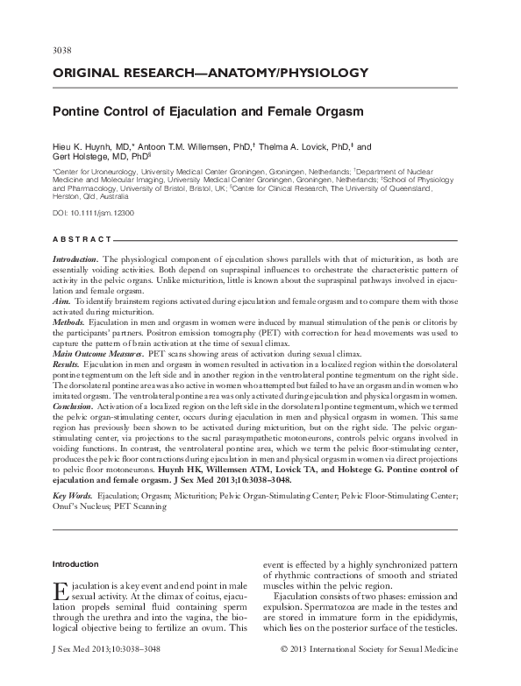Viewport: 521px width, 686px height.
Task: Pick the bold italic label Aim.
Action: pyautogui.click(x=61, y=301)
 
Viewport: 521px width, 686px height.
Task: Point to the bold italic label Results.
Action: pyautogui.click(x=66, y=364)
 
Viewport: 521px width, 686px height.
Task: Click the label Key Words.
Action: pyautogui.click(x=72, y=495)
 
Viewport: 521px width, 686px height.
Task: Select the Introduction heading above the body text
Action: pyautogui.click(x=76, y=563)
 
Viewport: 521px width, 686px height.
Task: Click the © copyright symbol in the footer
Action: pyautogui.click(x=283, y=675)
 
